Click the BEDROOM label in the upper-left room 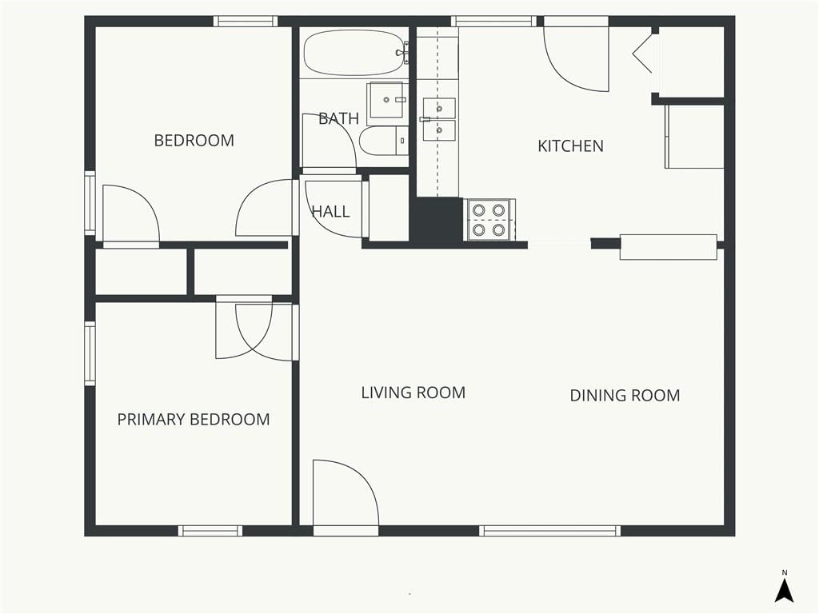(194, 141)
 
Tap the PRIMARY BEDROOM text (194, 419)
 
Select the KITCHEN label (570, 146)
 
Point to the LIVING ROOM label (413, 393)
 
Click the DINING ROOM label (625, 395)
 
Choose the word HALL (330, 211)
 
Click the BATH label (338, 119)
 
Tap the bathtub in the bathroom (355, 53)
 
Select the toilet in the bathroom (384, 141)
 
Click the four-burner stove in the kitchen (489, 220)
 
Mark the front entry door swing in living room (346, 492)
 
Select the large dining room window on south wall (550, 531)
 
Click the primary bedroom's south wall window (210, 531)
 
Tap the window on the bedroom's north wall (245, 22)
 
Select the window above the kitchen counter (493, 22)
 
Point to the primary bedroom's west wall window (90, 353)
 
